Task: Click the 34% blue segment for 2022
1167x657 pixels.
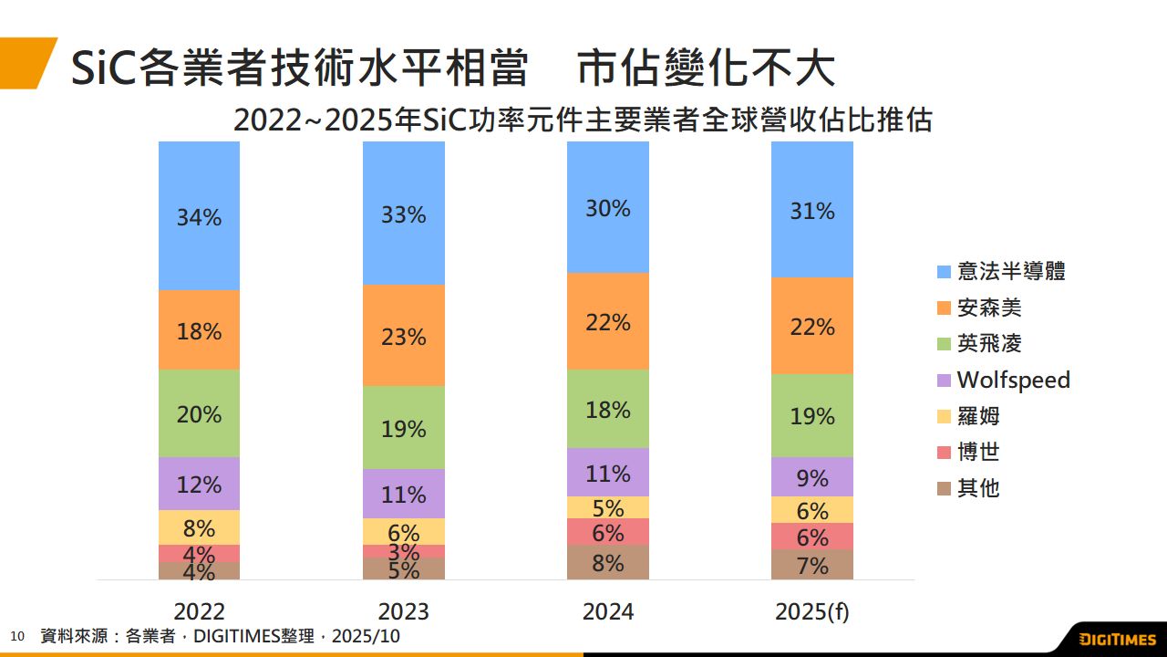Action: coord(199,216)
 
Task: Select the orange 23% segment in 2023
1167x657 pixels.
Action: coord(403,335)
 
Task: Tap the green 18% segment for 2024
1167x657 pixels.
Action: coord(607,409)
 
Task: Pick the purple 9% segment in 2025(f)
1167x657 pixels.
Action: coord(811,476)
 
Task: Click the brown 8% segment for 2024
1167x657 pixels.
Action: coord(607,562)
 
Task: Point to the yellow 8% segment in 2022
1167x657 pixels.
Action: coord(199,527)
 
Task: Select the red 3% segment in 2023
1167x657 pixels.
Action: coord(403,551)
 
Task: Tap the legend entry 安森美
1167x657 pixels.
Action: coord(989,308)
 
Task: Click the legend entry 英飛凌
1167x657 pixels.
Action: coord(989,344)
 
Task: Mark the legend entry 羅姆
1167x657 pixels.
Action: coord(978,416)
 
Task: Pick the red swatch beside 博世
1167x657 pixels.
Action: coord(944,453)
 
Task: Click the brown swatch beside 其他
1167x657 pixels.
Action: coord(944,489)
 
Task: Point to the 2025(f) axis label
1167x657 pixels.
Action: coord(811,611)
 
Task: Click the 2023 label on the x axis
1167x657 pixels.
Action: coord(403,611)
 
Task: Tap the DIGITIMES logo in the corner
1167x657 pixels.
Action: coord(1116,639)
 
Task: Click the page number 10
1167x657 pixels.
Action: coord(17,636)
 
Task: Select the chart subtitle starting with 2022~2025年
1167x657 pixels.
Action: coord(583,120)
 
